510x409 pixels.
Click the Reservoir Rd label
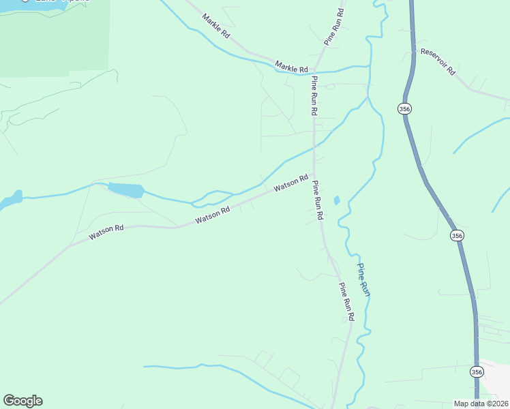[438, 61]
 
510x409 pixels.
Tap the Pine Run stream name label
[363, 279]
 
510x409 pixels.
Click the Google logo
[22, 401]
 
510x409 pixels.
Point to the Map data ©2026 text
[481, 404]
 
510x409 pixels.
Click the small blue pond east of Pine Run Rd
[336, 200]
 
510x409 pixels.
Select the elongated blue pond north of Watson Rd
[125, 190]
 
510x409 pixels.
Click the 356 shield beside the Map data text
[476, 372]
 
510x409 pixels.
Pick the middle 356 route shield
[457, 235]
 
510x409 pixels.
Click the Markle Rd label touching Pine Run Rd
[292, 67]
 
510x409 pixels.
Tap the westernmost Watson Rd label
[106, 232]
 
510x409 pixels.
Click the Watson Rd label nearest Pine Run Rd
[292, 184]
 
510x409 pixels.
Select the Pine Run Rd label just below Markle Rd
[314, 95]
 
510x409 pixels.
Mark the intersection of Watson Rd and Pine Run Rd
[313, 176]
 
